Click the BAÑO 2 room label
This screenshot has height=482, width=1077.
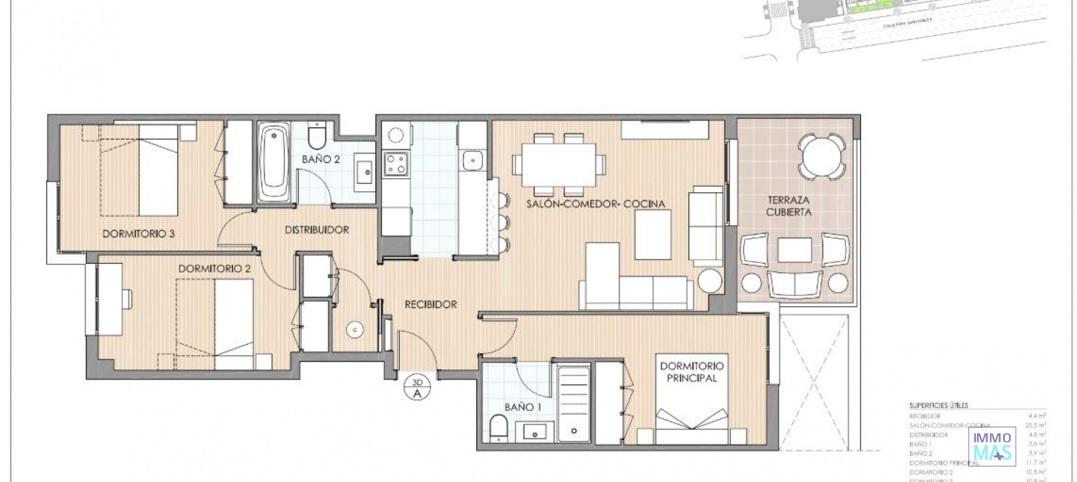coord(320,159)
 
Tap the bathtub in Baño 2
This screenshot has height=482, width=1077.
coord(274,163)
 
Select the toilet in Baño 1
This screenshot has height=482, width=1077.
coord(498,428)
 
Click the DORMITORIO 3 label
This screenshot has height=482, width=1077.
coord(139,234)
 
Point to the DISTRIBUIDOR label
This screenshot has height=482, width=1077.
coord(316,230)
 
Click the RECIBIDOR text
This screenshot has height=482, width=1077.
coord(431,304)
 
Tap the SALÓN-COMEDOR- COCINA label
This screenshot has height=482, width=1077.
coord(595,204)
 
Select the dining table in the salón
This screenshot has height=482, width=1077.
coord(559,165)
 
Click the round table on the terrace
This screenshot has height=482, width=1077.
coord(822,156)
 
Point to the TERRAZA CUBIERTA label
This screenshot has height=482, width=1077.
coord(788,206)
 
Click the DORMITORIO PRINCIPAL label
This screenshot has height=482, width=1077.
coord(691,372)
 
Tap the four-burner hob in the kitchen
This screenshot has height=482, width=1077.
coord(396,164)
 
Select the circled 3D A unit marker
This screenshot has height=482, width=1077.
coord(417,388)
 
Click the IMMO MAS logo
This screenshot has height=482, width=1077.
coord(992,446)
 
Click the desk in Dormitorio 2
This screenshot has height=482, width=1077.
coord(110,299)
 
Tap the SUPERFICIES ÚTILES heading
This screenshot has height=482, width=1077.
coord(938,405)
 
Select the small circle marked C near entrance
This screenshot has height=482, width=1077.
coord(355,330)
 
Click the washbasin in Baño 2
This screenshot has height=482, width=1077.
coord(365,169)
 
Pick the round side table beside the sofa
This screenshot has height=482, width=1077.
coord(710,280)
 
